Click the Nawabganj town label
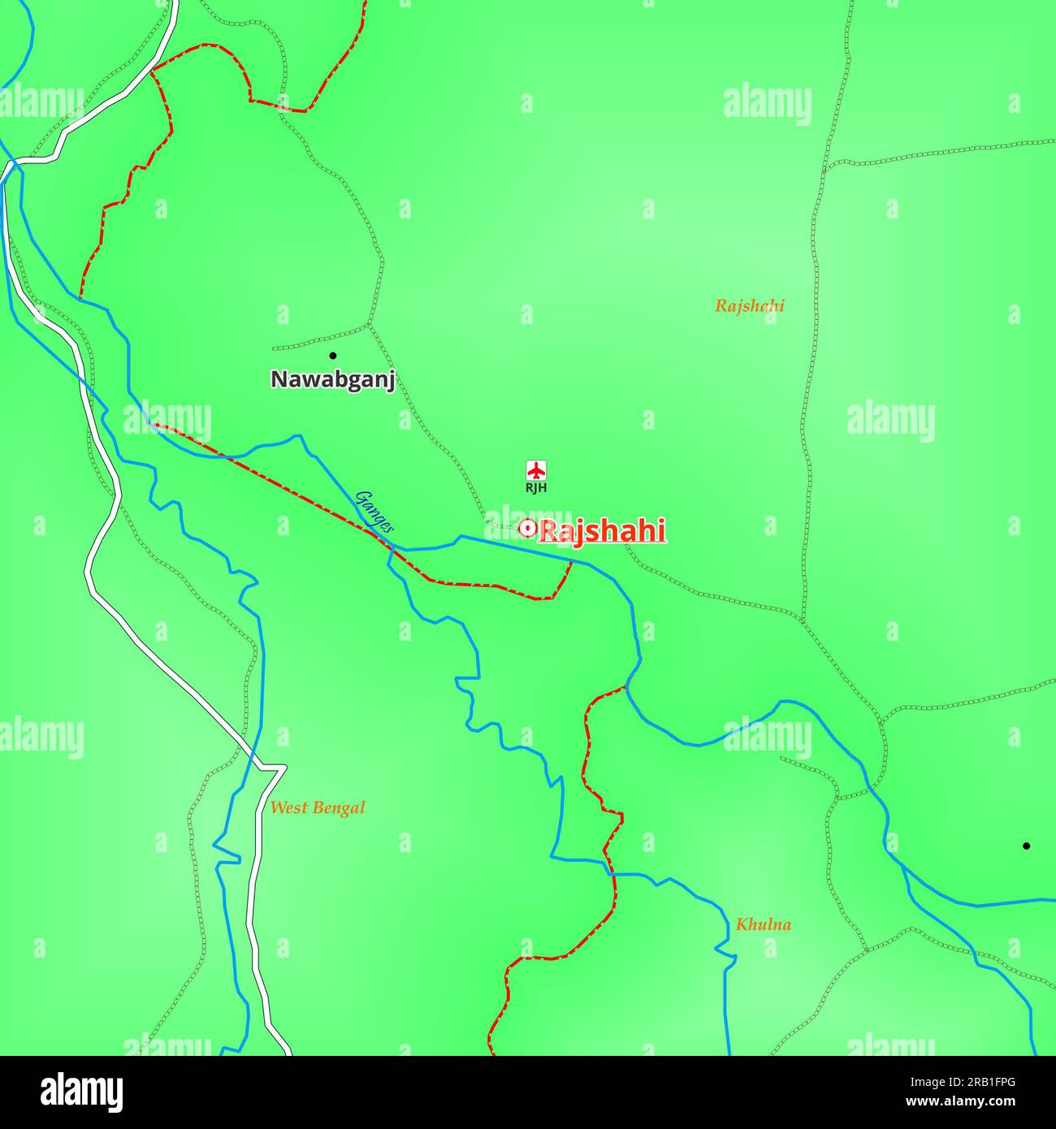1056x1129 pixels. coord(332,379)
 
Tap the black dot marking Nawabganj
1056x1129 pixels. coord(332,356)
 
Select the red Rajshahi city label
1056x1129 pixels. coord(603,531)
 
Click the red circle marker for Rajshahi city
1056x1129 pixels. coord(527,529)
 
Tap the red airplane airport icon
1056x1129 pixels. coord(536,470)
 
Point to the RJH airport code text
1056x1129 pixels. coord(536,488)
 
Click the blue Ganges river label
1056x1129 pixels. coord(374,512)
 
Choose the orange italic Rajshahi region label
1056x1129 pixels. coord(749,306)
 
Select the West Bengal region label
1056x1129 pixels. coord(317,808)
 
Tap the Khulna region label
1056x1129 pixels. coord(763,924)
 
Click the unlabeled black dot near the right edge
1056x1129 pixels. coord(1026,846)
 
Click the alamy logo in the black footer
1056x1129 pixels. coord(82,1092)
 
